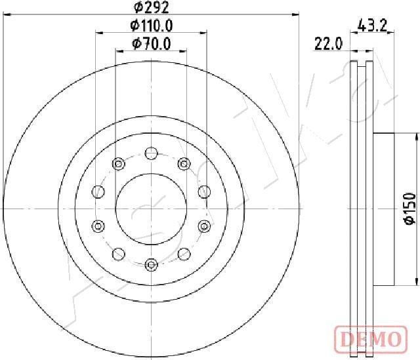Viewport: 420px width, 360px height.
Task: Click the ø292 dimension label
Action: (x=152, y=9)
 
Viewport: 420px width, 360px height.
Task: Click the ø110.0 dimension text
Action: (x=152, y=26)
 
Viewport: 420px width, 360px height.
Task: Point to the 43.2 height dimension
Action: (x=371, y=27)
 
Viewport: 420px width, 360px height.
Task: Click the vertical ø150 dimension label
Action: (x=409, y=209)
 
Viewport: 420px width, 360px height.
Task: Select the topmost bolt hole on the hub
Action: (x=152, y=153)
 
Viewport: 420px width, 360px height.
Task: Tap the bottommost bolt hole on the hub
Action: (x=152, y=264)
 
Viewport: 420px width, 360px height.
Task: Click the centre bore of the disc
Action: (x=152, y=209)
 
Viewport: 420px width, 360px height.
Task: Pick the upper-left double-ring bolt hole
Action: (x=119, y=163)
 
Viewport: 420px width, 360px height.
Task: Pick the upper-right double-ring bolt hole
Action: (x=184, y=163)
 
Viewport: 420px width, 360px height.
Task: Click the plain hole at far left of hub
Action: (x=98, y=191)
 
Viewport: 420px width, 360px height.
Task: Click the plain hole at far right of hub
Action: (x=204, y=191)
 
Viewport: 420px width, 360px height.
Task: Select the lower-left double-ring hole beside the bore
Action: (x=98, y=226)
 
